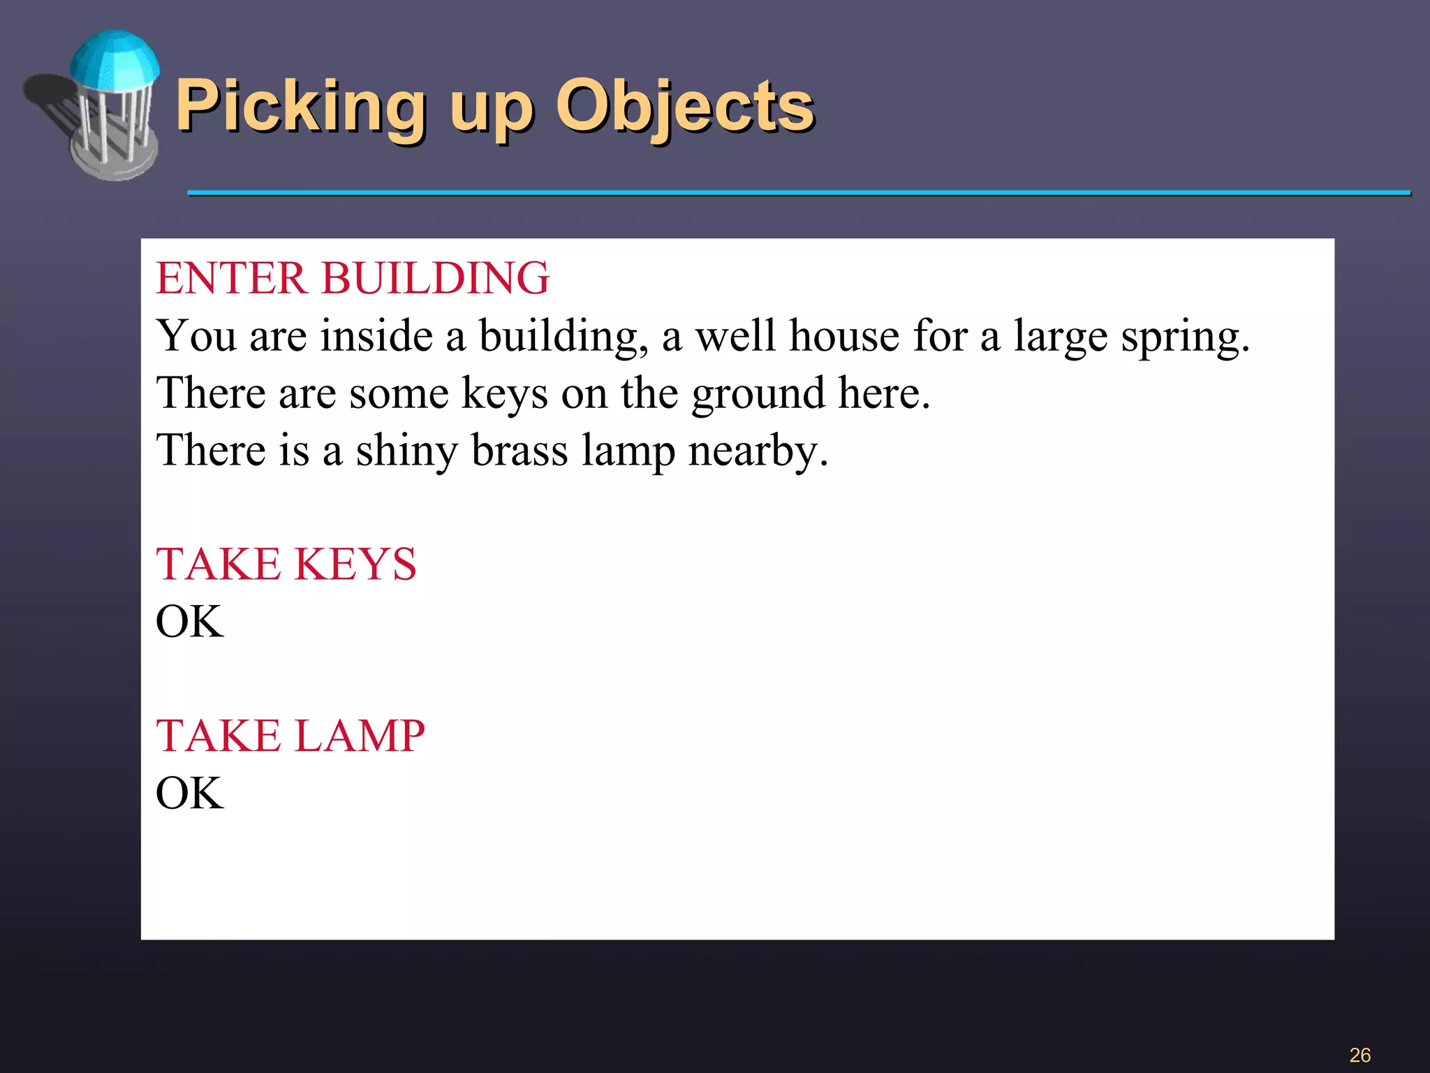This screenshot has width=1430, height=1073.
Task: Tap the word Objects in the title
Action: [x=684, y=106]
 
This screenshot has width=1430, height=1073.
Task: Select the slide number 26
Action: [x=1359, y=1055]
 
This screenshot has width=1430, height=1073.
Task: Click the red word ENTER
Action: [x=230, y=278]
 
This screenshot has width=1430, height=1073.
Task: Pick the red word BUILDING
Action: [x=435, y=278]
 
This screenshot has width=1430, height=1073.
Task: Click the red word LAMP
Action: [x=360, y=736]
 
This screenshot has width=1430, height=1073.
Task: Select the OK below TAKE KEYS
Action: [x=189, y=621]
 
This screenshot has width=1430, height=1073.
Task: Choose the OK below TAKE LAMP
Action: [x=189, y=793]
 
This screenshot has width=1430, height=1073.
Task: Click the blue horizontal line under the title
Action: [x=799, y=192]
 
